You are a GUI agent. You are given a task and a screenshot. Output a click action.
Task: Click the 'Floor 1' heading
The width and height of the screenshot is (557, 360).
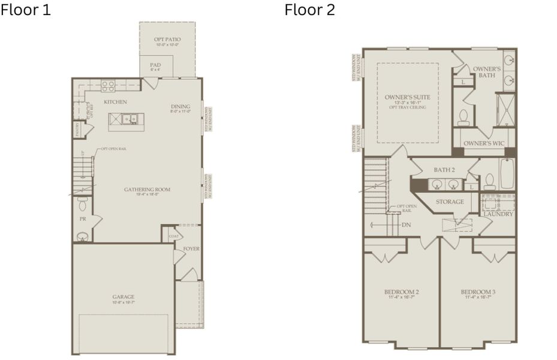click(x=26, y=10)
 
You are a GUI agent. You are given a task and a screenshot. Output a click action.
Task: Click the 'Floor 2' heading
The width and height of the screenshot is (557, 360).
click(x=309, y=10)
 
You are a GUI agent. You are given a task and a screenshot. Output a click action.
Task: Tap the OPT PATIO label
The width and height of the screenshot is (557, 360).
click(x=167, y=40)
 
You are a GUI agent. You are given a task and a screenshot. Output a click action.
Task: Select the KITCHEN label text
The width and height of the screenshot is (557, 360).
click(x=115, y=102)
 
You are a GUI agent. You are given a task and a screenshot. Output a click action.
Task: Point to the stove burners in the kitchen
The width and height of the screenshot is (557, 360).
click(x=108, y=86)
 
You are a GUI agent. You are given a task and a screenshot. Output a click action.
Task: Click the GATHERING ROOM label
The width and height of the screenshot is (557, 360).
click(x=147, y=190)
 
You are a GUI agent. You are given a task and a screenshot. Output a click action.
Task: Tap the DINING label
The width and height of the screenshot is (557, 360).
click(x=180, y=106)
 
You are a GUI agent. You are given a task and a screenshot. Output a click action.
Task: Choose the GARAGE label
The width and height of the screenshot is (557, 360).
click(x=124, y=296)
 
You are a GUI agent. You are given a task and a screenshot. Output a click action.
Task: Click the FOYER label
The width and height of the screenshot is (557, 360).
click(x=191, y=248)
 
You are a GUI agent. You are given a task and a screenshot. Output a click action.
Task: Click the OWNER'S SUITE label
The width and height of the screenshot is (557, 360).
click(x=408, y=97)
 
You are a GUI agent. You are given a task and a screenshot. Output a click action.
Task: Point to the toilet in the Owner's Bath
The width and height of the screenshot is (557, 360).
click(x=463, y=117)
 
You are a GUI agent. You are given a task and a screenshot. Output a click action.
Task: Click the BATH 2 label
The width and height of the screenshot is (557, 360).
click(x=444, y=170)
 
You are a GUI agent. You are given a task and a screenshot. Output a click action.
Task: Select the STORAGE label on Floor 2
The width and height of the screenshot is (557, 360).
click(x=450, y=202)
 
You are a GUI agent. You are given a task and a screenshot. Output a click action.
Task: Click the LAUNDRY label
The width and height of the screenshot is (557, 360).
click(x=498, y=214)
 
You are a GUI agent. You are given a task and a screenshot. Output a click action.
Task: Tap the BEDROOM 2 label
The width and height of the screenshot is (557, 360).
click(x=401, y=292)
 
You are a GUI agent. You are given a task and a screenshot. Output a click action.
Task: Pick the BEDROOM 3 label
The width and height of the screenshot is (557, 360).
click(x=478, y=292)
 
